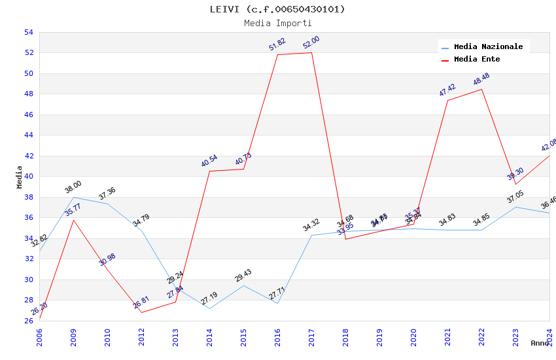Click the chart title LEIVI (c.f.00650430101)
pos(277,9)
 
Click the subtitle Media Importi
pos(277,23)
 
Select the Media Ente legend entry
pos(477,60)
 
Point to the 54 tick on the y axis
pos(28,32)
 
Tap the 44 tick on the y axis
pos(28,135)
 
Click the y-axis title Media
pos(20,177)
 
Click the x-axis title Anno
pos(540,343)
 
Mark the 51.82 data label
pos(277,44)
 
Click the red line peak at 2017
pos(311,52)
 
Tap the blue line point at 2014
pos(209,308)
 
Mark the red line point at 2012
pos(141,312)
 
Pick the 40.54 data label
pos(209,161)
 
